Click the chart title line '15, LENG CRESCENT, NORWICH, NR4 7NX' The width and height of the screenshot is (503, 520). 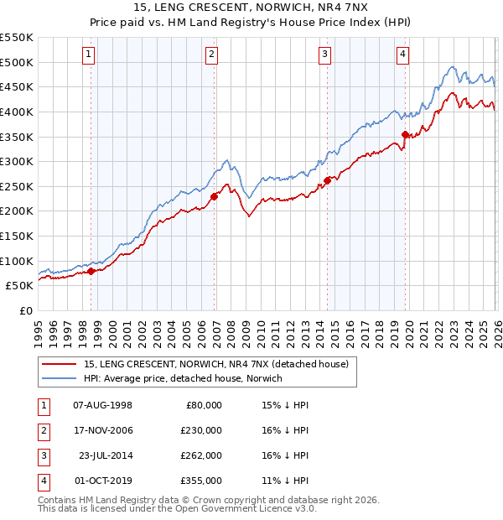[x=251, y=8]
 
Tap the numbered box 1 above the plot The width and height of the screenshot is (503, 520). [x=89, y=55]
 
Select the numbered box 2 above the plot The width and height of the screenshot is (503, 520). [x=212, y=55]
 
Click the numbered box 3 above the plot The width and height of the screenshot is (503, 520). [x=324, y=55]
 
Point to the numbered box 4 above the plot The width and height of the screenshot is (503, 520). [x=403, y=55]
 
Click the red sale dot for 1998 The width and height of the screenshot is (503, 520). [x=91, y=270]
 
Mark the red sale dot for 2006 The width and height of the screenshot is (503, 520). [x=214, y=196]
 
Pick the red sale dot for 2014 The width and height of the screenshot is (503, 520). [x=327, y=179]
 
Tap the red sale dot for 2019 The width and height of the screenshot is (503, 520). [x=405, y=134]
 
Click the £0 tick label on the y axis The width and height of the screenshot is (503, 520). [x=25, y=310]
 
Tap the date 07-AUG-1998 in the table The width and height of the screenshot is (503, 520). [x=103, y=405]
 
